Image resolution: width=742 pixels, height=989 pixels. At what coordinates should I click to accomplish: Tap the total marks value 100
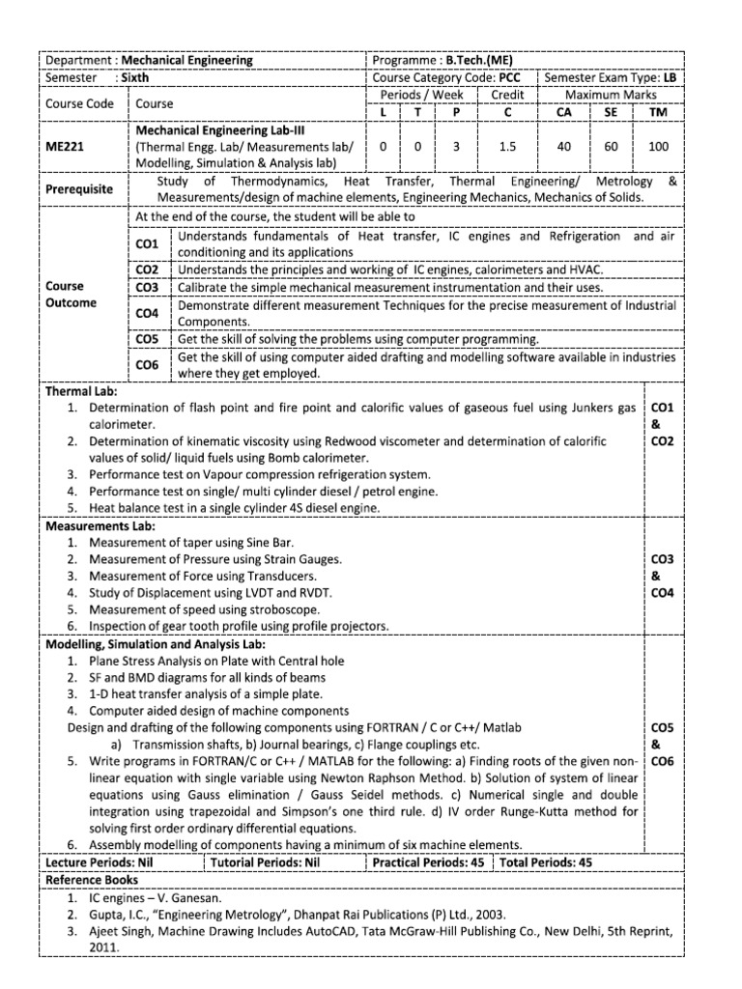tap(657, 147)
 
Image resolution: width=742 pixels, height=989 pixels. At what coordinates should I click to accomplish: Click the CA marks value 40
tap(564, 147)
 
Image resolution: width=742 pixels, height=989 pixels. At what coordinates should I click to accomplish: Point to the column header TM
tap(657, 112)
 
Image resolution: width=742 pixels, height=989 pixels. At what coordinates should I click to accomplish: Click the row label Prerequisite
tap(82, 189)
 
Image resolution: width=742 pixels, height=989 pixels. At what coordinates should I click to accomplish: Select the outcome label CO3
tap(147, 288)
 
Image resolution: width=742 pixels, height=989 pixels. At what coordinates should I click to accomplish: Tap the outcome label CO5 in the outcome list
tap(147, 339)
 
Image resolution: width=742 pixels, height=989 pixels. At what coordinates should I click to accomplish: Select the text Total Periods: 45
tap(547, 863)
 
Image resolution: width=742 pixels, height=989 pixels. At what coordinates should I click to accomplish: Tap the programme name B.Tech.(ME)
tap(479, 60)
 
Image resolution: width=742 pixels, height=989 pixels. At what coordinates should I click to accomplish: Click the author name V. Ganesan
tap(189, 897)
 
